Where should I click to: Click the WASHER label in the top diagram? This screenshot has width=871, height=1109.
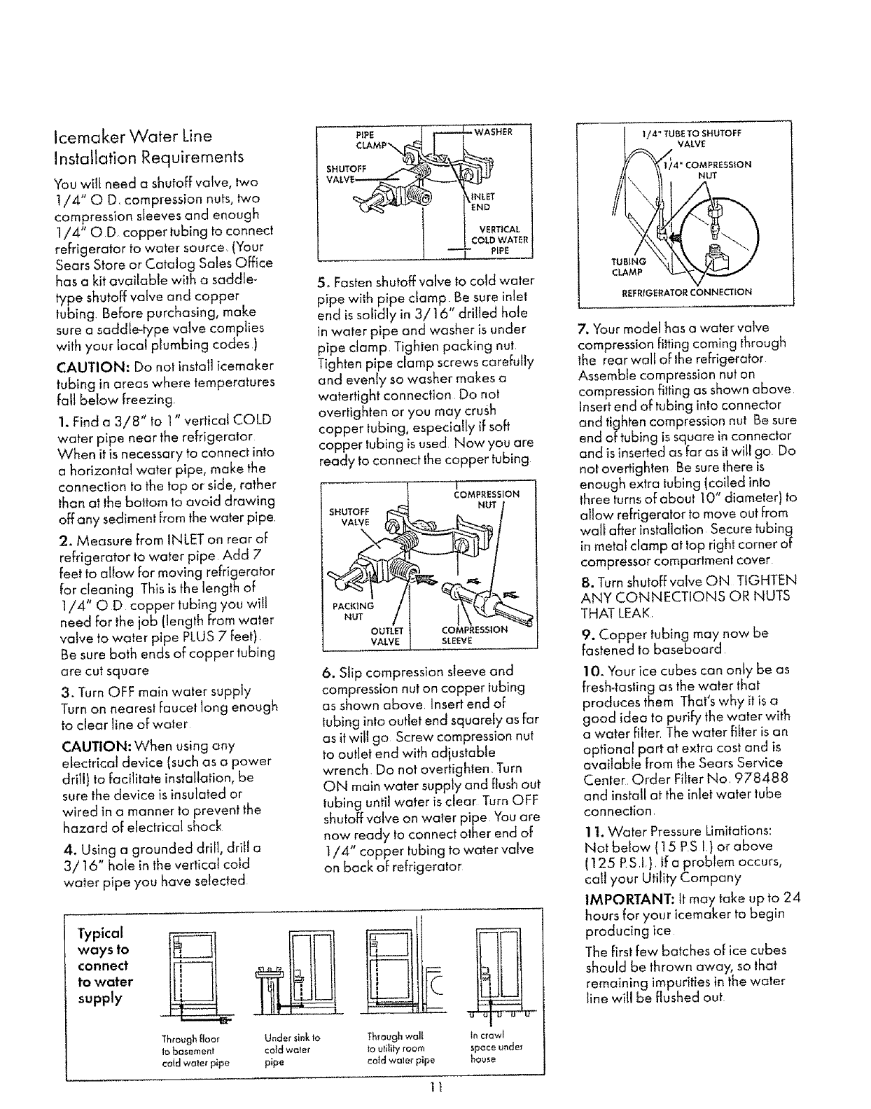point(493,132)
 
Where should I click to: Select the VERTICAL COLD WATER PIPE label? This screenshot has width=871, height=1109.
point(499,240)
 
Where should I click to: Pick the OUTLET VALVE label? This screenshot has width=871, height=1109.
point(386,636)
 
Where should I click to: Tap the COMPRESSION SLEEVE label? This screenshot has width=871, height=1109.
point(474,634)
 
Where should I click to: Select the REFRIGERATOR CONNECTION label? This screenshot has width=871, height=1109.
point(686,292)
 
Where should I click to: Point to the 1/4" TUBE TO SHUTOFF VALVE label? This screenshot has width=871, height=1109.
point(691,139)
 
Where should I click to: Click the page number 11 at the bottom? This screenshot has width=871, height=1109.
point(435,1087)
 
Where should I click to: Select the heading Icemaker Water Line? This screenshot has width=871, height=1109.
point(132,137)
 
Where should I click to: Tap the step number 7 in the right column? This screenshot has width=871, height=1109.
point(583,328)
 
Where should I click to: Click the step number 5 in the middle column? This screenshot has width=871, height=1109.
point(321,281)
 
